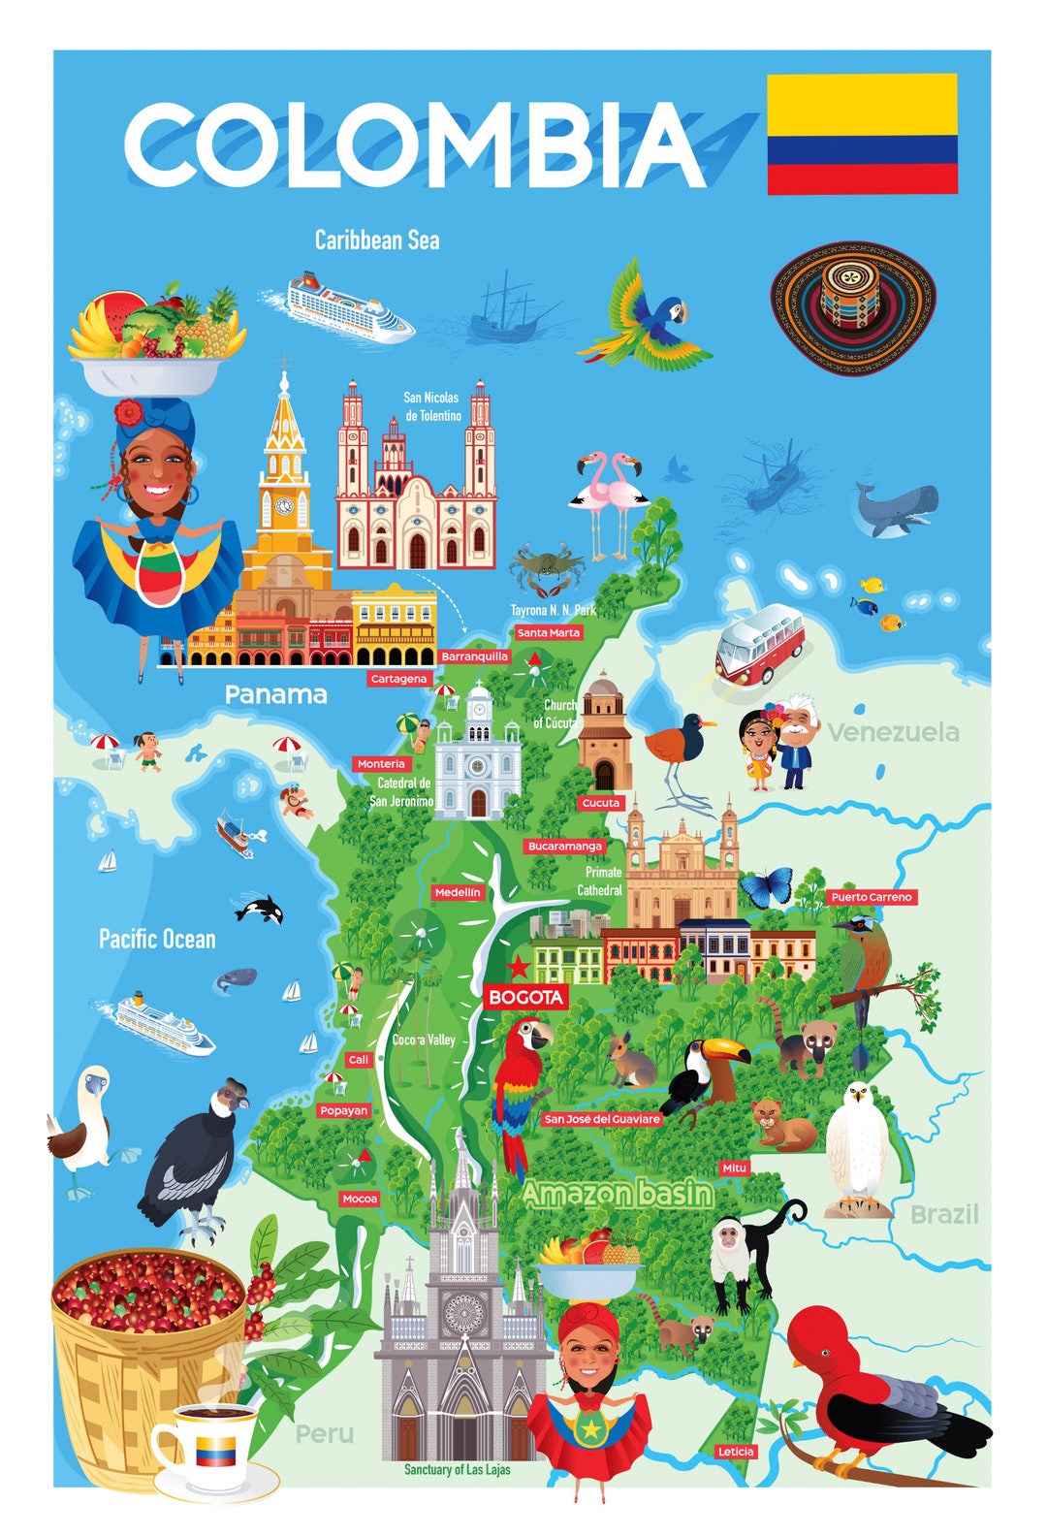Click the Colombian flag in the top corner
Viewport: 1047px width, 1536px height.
click(x=862, y=133)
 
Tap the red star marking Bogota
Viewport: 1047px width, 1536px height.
click(x=519, y=966)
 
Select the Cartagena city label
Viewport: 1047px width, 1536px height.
click(x=398, y=679)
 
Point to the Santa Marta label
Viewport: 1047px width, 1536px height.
click(x=548, y=632)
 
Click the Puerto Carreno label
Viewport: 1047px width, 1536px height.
click(x=872, y=897)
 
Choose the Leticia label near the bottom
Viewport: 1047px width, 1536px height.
click(x=736, y=1452)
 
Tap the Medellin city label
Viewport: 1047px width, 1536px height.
click(x=458, y=892)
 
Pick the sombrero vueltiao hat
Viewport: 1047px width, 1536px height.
click(x=853, y=307)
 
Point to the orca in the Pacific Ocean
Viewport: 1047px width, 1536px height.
click(x=260, y=910)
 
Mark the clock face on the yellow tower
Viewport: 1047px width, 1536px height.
click(x=284, y=506)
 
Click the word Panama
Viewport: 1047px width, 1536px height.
click(x=275, y=694)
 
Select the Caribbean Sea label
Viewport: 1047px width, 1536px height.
click(x=376, y=240)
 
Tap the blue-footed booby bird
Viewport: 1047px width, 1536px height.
click(x=85, y=1125)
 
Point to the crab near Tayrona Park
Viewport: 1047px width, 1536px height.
click(x=547, y=568)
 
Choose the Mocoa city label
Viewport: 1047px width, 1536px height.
click(x=359, y=1199)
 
